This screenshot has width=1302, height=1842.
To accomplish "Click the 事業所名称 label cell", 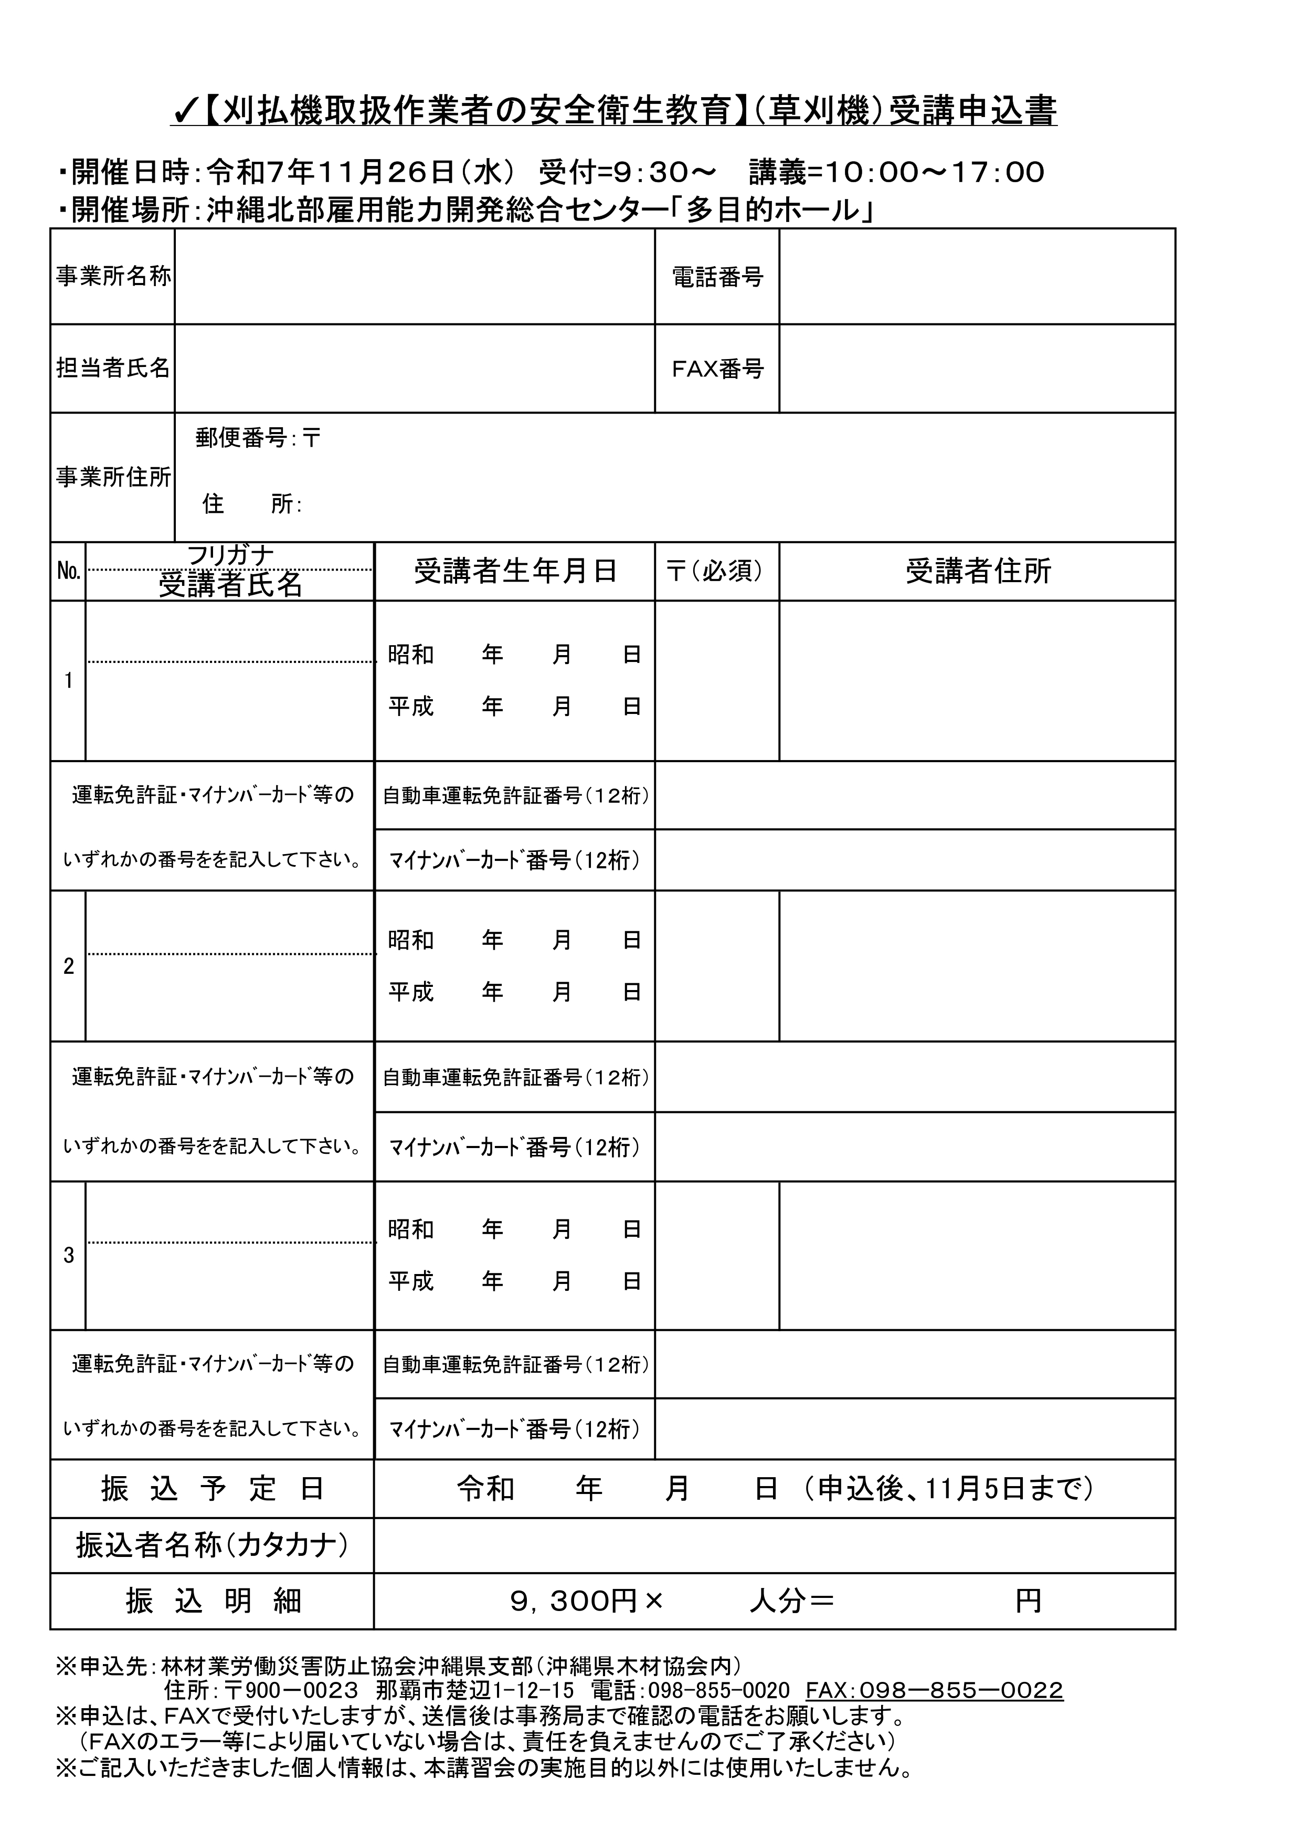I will click(113, 277).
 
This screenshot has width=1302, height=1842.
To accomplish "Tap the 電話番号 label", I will click(717, 278).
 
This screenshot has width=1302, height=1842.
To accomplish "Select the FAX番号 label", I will click(717, 369).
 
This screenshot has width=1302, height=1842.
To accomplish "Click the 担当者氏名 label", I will click(113, 368).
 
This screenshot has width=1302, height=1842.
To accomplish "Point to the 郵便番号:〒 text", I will click(258, 438).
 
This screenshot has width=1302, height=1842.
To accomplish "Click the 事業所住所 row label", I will click(113, 477).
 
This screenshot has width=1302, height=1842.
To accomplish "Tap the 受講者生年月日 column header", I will click(515, 571).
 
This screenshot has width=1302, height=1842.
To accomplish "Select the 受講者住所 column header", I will click(977, 571).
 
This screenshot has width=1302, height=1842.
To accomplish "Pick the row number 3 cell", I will click(68, 1256).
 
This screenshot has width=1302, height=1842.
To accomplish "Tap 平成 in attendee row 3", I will click(411, 1281).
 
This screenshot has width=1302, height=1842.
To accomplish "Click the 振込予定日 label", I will click(213, 1489).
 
